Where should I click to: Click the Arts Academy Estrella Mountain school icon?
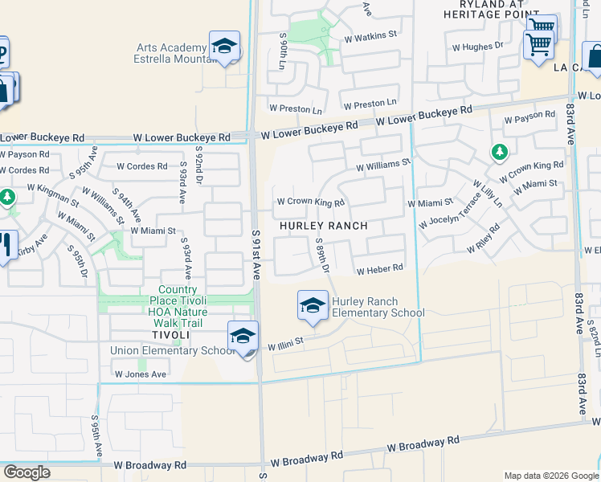tap(225, 47)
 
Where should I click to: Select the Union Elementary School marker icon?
tap(242, 337)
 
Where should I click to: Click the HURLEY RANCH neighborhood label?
tap(324, 227)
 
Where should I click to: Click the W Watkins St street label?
tap(370, 35)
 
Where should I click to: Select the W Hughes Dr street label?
tap(478, 47)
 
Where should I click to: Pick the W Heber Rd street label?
tap(379, 270)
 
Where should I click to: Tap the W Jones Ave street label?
tap(140, 374)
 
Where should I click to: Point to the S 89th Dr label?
tap(323, 255)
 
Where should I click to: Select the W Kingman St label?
tap(52, 195)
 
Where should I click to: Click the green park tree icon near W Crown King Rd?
tap(500, 152)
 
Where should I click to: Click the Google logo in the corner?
tap(27, 472)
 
